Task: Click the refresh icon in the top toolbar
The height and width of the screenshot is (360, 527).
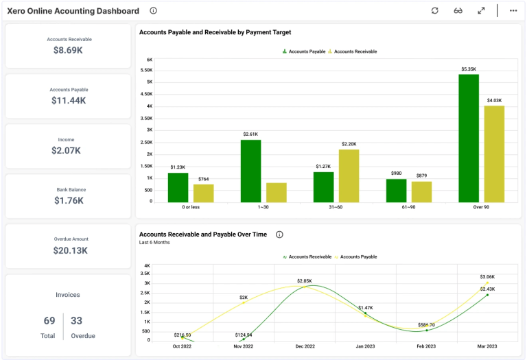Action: pyautogui.click(x=434, y=11)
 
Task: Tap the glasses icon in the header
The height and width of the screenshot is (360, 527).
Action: pyautogui.click(x=458, y=11)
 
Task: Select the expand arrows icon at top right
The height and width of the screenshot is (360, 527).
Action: pyautogui.click(x=482, y=11)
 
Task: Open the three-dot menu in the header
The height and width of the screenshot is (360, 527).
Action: pyautogui.click(x=513, y=11)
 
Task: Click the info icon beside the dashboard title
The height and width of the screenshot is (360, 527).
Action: pyautogui.click(x=153, y=11)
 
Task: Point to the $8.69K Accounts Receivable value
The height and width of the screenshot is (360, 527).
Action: pyautogui.click(x=69, y=50)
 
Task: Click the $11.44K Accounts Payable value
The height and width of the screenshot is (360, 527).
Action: pyautogui.click(x=69, y=101)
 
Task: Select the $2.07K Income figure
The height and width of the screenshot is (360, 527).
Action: pyautogui.click(x=69, y=150)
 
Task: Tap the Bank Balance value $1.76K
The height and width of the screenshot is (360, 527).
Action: pyautogui.click(x=69, y=201)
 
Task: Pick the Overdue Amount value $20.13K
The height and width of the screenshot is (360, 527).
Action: pyautogui.click(x=69, y=250)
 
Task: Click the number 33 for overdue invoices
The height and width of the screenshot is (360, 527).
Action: pyautogui.click(x=77, y=321)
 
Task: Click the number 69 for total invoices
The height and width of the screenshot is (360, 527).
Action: pyautogui.click(x=49, y=321)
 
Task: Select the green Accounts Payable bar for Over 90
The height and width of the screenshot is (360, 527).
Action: pyautogui.click(x=469, y=138)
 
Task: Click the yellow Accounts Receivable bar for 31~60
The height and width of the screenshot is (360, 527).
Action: pyautogui.click(x=349, y=176)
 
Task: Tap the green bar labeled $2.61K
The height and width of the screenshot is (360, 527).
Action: pyautogui.click(x=250, y=171)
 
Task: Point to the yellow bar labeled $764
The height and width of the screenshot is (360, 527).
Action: pyautogui.click(x=203, y=193)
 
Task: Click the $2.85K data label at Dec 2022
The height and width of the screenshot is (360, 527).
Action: pyautogui.click(x=305, y=281)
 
